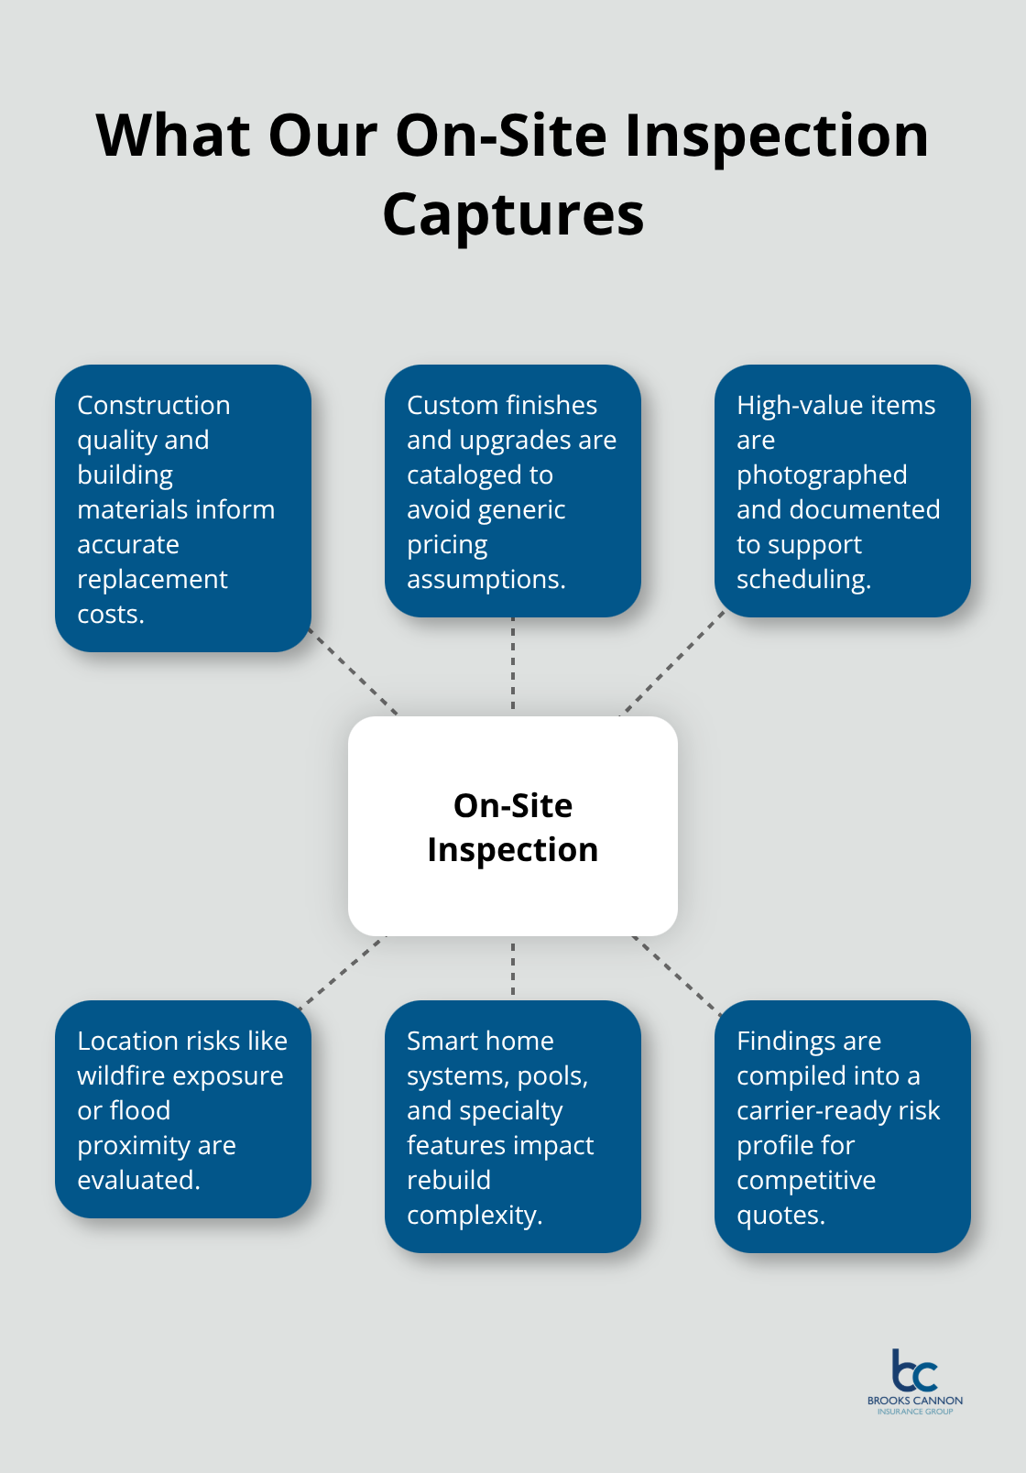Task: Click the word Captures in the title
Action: tap(513, 214)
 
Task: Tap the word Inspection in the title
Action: tap(777, 136)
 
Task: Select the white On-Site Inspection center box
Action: tap(513, 825)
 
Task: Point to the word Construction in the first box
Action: tap(154, 405)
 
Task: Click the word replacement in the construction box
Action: tap(152, 579)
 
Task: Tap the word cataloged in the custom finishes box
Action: tap(480, 475)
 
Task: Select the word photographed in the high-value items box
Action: tap(822, 475)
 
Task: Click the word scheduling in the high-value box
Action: tap(802, 579)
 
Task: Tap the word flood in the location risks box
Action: tap(141, 1110)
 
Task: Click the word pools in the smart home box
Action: tap(552, 1075)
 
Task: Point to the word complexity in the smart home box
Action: tap(474, 1215)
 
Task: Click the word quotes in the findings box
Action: tap(780, 1215)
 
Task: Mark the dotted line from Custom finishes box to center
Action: tap(513, 666)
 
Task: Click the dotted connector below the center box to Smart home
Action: tap(513, 968)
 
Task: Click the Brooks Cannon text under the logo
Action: tap(914, 1401)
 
